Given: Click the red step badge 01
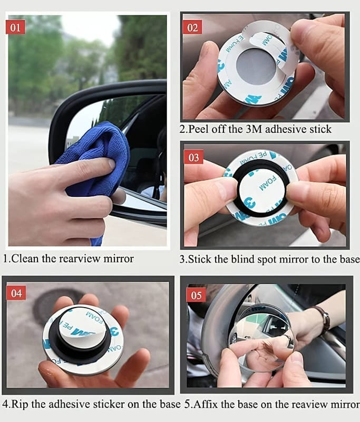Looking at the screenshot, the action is tap(15, 27).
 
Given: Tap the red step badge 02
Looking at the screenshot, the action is tap(192, 27).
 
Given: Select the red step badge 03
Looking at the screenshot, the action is tap(193, 157).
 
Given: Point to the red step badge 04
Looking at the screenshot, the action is tap(16, 293).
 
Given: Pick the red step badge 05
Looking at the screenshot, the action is tap(196, 295).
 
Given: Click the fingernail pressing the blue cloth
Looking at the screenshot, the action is tap(112, 164).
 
